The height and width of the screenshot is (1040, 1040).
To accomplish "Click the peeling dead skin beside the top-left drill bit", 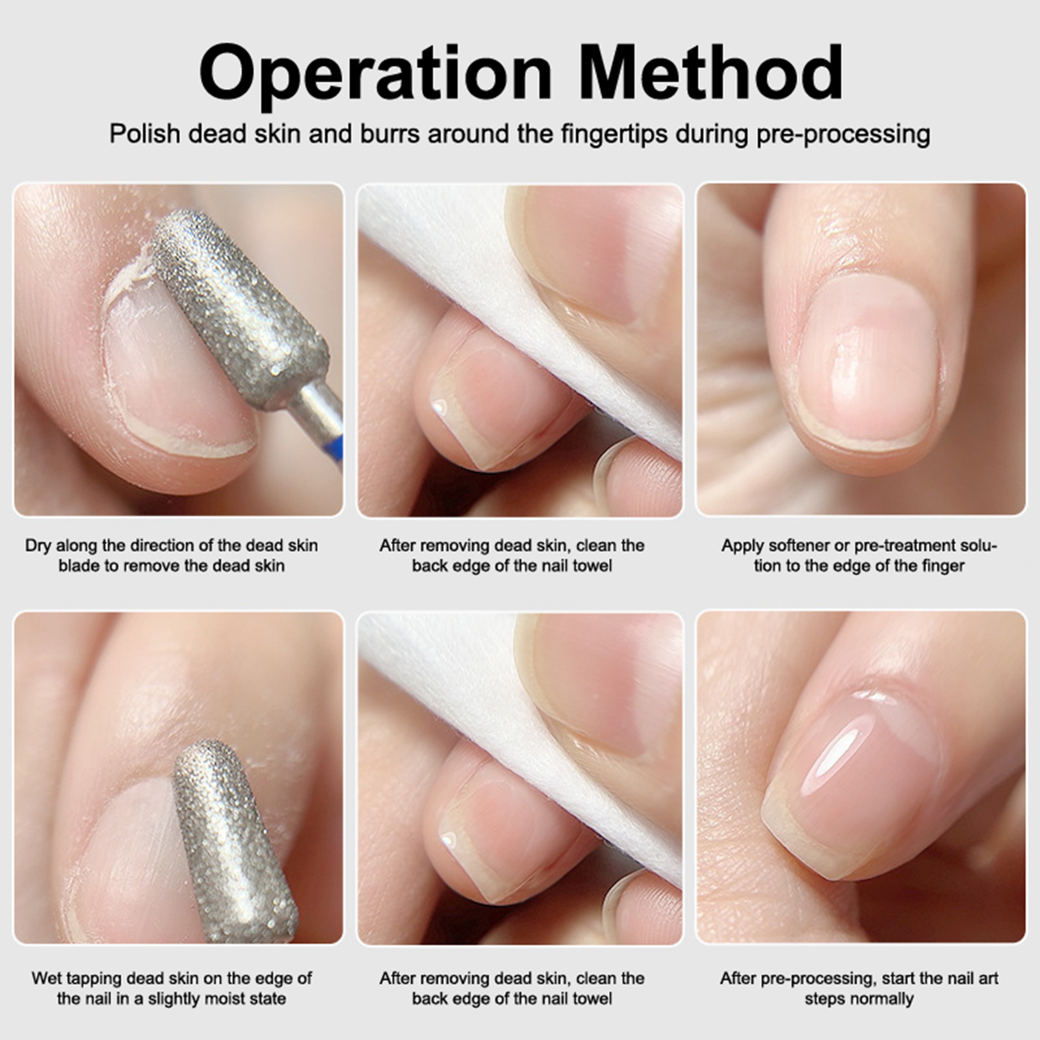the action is pyautogui.click(x=130, y=279).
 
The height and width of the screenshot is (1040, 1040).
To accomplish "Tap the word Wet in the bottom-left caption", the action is pyautogui.click(x=47, y=978).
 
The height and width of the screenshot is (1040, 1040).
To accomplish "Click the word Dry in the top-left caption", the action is pyautogui.click(x=38, y=545).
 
